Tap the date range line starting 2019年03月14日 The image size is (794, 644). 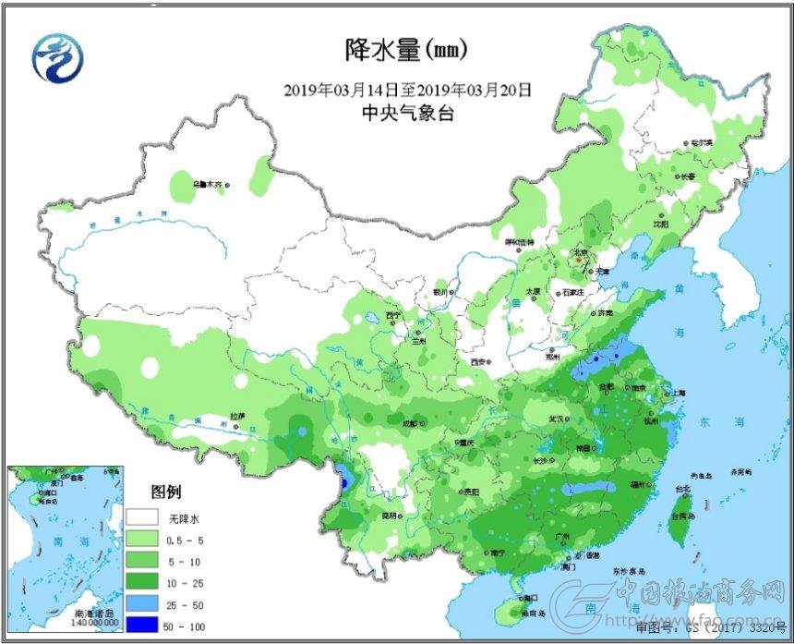click(408, 90)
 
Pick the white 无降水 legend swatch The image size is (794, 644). click(143, 517)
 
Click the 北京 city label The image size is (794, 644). click(581, 251)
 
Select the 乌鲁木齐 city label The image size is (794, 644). click(207, 184)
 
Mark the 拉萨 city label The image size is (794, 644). click(238, 417)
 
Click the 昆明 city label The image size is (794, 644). click(391, 516)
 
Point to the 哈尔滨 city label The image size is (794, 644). click(703, 143)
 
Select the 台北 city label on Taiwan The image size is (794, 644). click(681, 488)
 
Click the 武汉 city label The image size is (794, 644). click(556, 419)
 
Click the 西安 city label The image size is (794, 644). click(477, 362)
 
